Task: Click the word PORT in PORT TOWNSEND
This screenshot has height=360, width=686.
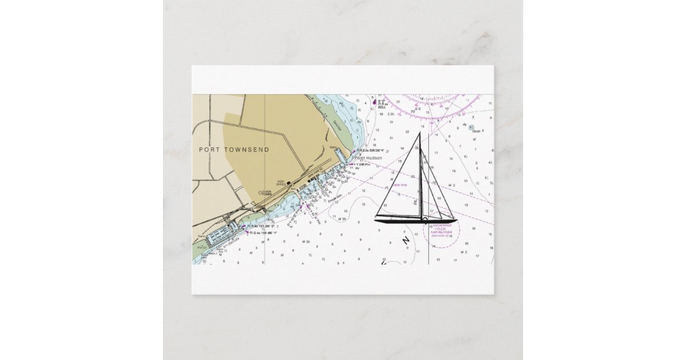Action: [x=209, y=150]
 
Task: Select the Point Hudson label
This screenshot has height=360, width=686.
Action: [x=368, y=158]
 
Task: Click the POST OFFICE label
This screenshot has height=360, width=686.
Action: [x=281, y=184]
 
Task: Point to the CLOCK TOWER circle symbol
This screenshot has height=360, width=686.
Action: [x=261, y=193]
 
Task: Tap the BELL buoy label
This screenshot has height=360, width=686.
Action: [x=382, y=107]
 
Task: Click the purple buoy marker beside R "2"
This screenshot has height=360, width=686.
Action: [x=374, y=102]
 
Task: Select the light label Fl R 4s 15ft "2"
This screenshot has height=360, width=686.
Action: [x=262, y=226]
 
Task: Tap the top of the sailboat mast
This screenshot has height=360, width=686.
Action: [x=420, y=133]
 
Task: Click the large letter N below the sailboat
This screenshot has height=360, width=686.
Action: [x=406, y=241]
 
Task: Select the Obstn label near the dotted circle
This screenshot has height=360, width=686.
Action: [x=476, y=131]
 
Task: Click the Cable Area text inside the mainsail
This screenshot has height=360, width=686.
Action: [x=400, y=185]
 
